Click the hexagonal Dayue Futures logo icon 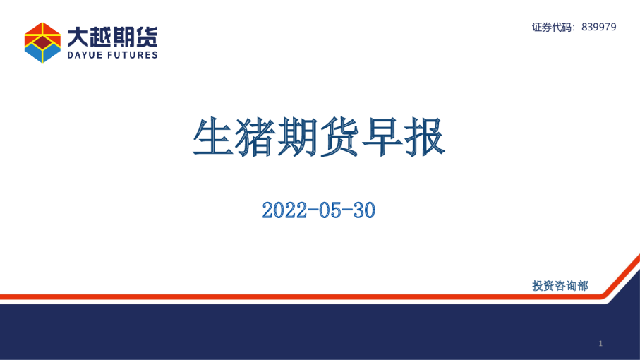[x=42, y=42]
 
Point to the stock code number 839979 [x=599, y=27]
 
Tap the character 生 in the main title [x=213, y=136]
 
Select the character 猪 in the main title [x=255, y=136]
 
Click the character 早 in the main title [x=382, y=136]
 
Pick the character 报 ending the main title [x=425, y=136]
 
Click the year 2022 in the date [x=284, y=210]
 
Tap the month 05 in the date [x=330, y=210]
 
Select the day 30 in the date [x=364, y=210]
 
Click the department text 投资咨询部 [x=560, y=286]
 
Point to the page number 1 [x=600, y=344]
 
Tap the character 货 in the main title [x=339, y=136]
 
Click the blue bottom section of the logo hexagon [x=42, y=54]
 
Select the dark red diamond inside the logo [x=42, y=42]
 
